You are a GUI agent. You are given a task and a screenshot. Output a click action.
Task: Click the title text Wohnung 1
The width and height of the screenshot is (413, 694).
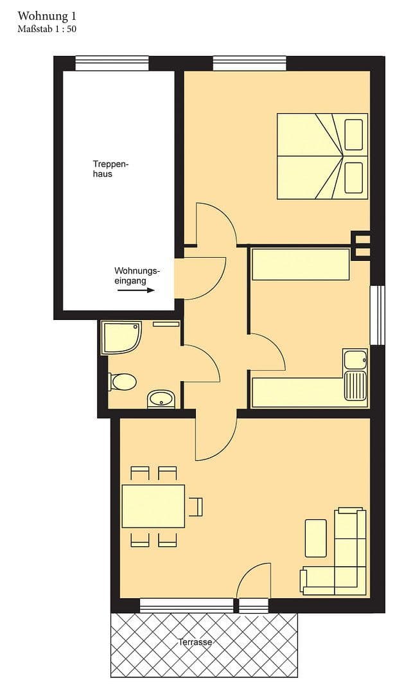pyautogui.click(x=43, y=15)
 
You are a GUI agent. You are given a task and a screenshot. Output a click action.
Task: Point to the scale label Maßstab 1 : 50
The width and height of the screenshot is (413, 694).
pyautogui.click(x=48, y=28)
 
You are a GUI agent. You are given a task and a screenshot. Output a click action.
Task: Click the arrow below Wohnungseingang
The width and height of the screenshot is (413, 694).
pyautogui.click(x=136, y=290)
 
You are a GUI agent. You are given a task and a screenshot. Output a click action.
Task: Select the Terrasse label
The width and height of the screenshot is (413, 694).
pyautogui.click(x=196, y=642)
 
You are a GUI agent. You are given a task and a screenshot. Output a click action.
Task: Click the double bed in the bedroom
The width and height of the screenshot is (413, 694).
pyautogui.click(x=322, y=156)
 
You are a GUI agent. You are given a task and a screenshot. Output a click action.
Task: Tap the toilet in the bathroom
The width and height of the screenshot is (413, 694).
pyautogui.click(x=123, y=382)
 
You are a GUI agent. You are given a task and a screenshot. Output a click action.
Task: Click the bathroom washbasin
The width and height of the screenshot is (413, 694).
pyautogui.click(x=161, y=399)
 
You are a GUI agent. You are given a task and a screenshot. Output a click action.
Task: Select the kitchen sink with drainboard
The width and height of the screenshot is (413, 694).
pyautogui.click(x=355, y=375)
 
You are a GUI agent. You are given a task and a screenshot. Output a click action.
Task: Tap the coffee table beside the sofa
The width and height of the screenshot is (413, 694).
pyautogui.click(x=315, y=538)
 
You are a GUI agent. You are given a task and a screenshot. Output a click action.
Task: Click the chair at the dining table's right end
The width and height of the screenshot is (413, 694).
pyautogui.click(x=197, y=506)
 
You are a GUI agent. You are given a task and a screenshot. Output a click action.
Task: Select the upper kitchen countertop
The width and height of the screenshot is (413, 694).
pyautogui.click(x=300, y=265)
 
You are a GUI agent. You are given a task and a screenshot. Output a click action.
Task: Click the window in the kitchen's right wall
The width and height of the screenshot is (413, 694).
pyautogui.click(x=378, y=315)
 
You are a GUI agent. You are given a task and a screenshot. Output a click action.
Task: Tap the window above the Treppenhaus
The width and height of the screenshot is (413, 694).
pyautogui.click(x=112, y=63)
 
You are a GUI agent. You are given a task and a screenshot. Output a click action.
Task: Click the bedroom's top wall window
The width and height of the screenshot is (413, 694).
pyautogui.click(x=249, y=63)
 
